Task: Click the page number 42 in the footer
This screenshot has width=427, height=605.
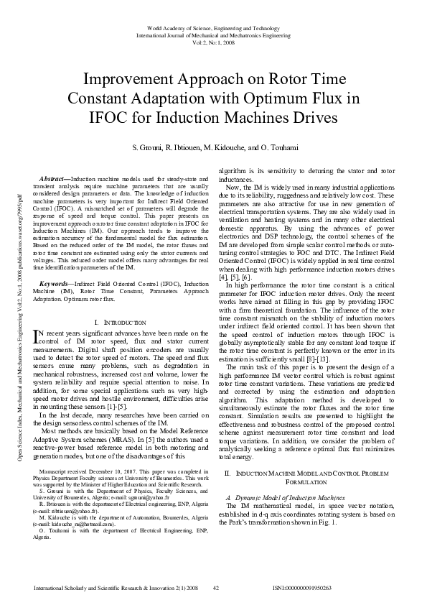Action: coord(215,587)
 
